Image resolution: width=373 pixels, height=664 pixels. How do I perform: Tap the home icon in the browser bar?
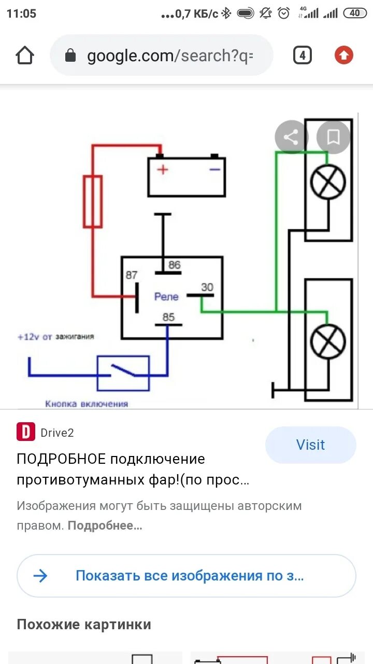tap(25, 56)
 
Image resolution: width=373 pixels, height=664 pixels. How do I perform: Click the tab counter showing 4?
tap(303, 55)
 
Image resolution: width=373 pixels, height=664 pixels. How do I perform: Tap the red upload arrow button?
tap(343, 55)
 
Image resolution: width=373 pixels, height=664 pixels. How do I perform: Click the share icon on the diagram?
tap(291, 137)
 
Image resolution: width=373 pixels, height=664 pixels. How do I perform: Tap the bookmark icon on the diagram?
tap(333, 137)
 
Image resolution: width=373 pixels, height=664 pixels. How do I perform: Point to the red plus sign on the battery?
tap(163, 169)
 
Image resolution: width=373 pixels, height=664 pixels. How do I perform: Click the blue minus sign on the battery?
tap(214, 169)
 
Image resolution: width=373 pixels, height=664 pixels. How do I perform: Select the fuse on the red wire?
tap(93, 201)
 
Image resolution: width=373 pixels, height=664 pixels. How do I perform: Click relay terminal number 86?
tap(175, 265)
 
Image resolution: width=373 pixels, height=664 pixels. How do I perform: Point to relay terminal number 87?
tap(132, 275)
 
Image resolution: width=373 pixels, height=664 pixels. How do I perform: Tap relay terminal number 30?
tap(207, 287)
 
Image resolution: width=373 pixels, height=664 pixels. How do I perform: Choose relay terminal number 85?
tap(168, 317)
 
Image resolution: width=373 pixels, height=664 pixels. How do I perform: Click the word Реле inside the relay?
tap(166, 297)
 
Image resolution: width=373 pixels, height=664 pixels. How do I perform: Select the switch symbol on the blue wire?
tap(123, 373)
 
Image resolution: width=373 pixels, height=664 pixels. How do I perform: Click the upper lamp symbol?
tap(328, 182)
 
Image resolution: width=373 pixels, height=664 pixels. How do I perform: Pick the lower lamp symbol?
tap(328, 341)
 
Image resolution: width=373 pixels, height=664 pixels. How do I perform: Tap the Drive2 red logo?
tap(26, 432)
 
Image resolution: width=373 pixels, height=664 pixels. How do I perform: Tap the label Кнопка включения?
tap(87, 404)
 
